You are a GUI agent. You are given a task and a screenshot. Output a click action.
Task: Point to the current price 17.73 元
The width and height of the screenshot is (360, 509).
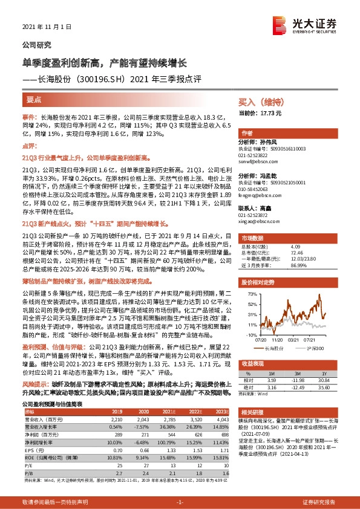tap(270, 113)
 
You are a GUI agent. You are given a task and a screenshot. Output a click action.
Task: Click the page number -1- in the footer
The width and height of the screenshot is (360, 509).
tap(180, 502)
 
